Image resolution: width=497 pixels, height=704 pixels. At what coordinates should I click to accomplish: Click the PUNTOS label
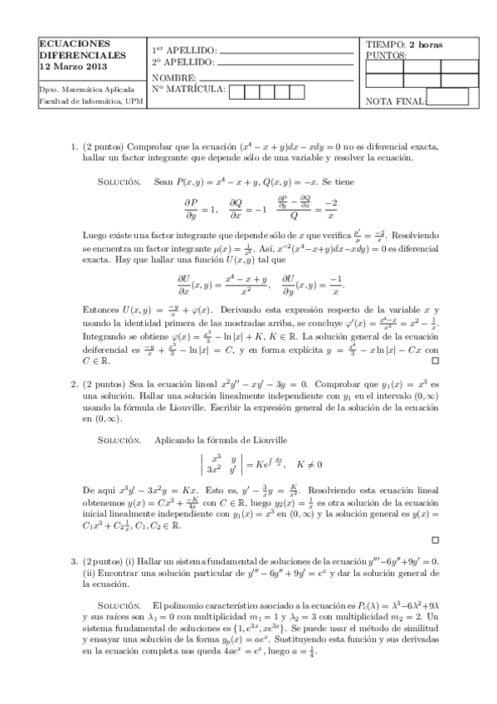coord(386,56)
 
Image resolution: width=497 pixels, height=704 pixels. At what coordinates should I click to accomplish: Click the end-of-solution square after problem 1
coord(435,362)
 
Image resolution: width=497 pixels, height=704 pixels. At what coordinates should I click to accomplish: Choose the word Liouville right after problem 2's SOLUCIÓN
coord(266,438)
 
